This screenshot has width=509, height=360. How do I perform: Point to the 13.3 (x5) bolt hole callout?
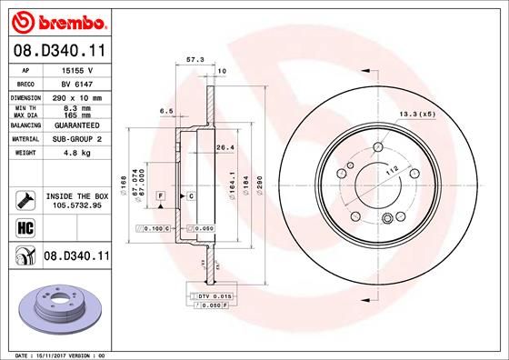click(416, 114)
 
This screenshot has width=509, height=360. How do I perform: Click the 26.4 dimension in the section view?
click(225, 147)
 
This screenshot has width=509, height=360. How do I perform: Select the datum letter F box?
click(160, 195)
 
